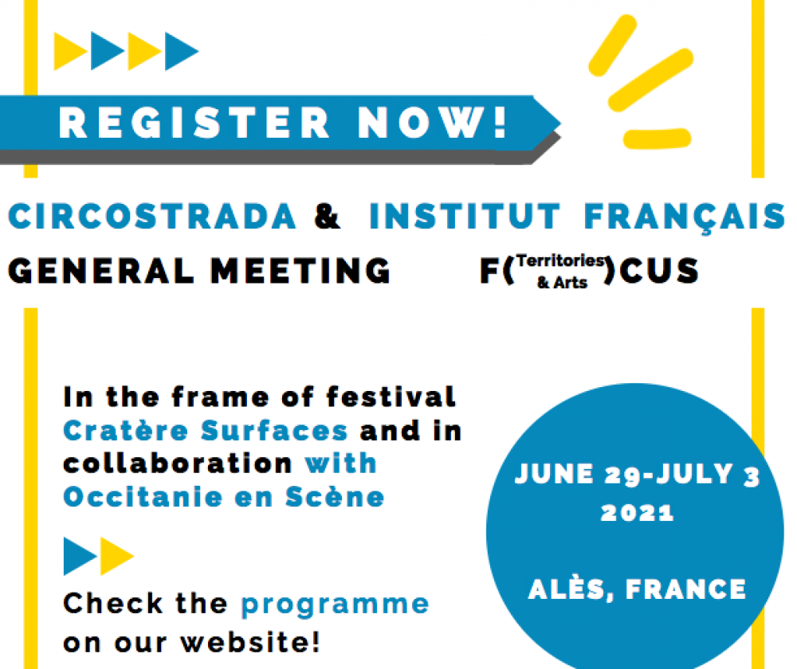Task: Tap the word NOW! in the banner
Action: [x=433, y=123]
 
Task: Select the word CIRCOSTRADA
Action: [x=152, y=217]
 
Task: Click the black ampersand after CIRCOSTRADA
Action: [x=327, y=217]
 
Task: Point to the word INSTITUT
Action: [x=465, y=217]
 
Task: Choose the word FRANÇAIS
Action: [x=685, y=217]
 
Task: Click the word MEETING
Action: [x=300, y=270]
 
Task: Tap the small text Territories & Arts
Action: [x=561, y=272]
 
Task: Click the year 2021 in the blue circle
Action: [x=637, y=513]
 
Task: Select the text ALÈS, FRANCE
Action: [x=637, y=590]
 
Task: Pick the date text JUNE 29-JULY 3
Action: [x=637, y=475]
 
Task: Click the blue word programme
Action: [x=335, y=605]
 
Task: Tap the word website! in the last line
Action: [x=250, y=642]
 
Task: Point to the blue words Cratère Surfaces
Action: [x=206, y=430]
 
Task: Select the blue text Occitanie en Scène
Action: [x=224, y=496]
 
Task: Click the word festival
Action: [x=391, y=397]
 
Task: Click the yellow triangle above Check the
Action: [x=115, y=556]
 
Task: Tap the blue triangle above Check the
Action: [x=78, y=556]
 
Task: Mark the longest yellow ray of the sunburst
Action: [x=651, y=80]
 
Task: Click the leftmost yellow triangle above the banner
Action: [x=68, y=51]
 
